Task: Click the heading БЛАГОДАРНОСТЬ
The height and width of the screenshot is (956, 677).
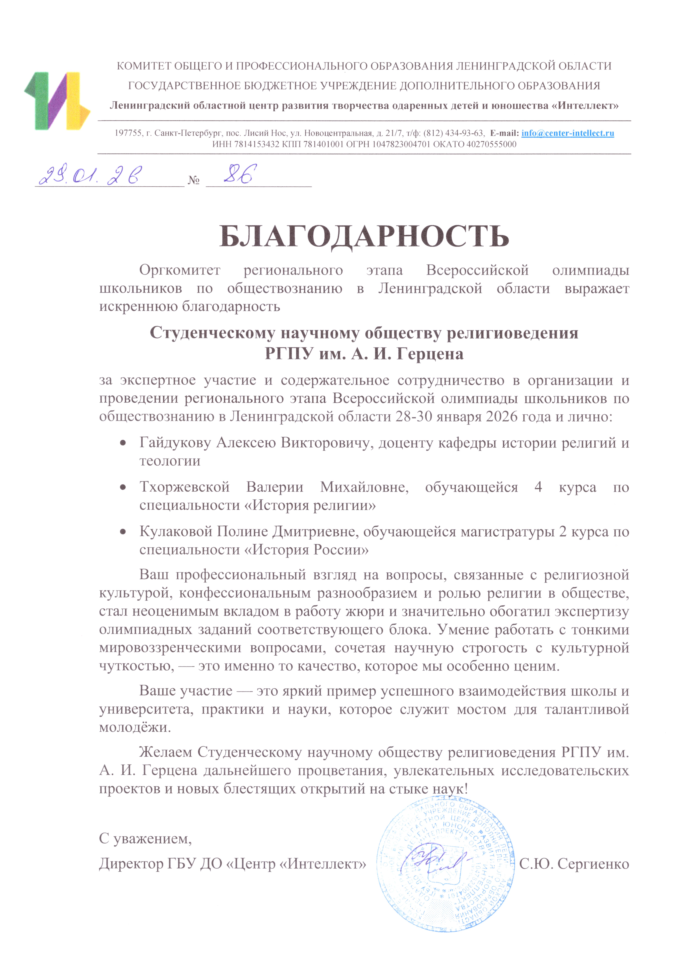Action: coord(364,237)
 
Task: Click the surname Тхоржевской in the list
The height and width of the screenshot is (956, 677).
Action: coord(184,487)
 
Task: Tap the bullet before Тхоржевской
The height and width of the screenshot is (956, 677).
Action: coord(123,487)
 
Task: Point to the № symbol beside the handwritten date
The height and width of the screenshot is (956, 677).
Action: coord(194,180)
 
